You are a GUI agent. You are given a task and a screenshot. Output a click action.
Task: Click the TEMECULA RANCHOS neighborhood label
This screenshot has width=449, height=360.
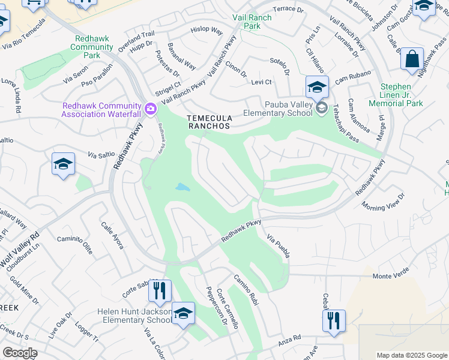pyautogui.click(x=208, y=122)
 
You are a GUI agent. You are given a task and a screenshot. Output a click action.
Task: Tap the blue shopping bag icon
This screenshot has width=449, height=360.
pyautogui.click(x=412, y=59)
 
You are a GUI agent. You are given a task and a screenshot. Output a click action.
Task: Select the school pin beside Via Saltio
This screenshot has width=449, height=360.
pyautogui.click(x=63, y=164)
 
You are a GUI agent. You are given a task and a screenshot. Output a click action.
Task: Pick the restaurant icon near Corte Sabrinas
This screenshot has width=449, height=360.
pyautogui.click(x=158, y=291)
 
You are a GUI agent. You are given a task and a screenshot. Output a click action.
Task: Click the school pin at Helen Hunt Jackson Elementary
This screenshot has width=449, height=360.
pyautogui.click(x=183, y=313)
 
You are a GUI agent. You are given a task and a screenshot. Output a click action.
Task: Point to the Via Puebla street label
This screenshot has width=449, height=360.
pyautogui.click(x=279, y=247)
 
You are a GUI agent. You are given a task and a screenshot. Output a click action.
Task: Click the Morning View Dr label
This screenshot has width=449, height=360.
pyautogui.click(x=384, y=202)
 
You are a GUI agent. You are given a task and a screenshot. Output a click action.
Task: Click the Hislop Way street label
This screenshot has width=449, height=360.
pyautogui.click(x=206, y=30)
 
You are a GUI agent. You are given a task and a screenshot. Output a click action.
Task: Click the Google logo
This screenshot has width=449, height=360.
pyautogui.click(x=20, y=353)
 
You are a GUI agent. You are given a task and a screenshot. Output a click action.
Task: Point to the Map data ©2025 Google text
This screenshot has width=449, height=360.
pyautogui.click(x=411, y=355)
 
